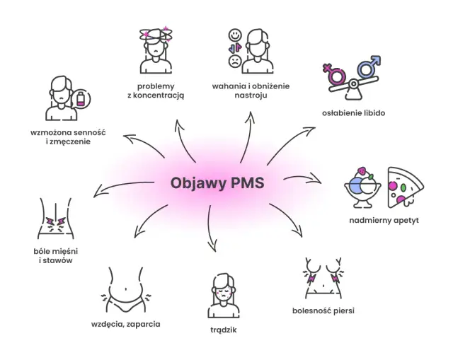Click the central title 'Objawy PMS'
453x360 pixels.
[x=217, y=183]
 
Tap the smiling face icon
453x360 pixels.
[x=234, y=35]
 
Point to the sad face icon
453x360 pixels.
[x=234, y=61]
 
